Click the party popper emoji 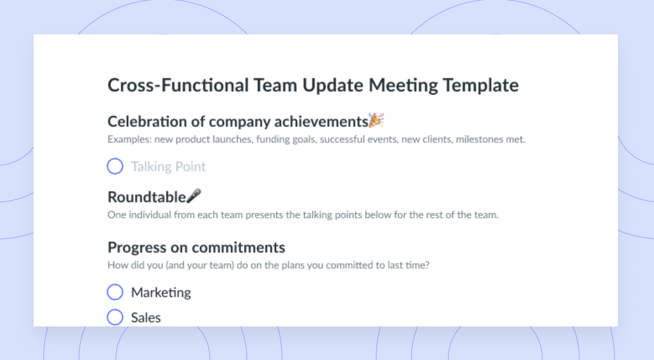(376, 120)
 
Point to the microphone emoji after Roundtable (194, 196)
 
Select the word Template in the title (481, 86)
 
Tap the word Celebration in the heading (147, 121)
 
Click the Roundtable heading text (147, 197)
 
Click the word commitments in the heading (238, 248)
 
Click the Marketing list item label (161, 292)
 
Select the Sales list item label (146, 317)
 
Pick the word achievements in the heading (321, 121)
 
